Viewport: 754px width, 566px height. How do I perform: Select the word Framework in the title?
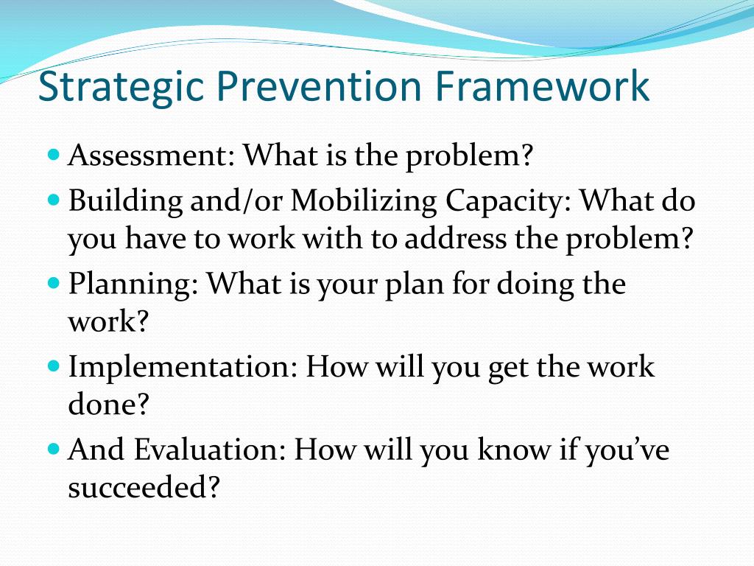(x=542, y=87)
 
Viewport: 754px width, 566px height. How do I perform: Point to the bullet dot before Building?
(x=52, y=199)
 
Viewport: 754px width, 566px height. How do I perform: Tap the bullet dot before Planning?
(x=52, y=282)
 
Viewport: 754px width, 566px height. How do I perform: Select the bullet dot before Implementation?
(x=52, y=366)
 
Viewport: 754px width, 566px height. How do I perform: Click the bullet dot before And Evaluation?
(x=52, y=448)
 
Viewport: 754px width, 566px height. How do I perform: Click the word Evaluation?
(x=214, y=450)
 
